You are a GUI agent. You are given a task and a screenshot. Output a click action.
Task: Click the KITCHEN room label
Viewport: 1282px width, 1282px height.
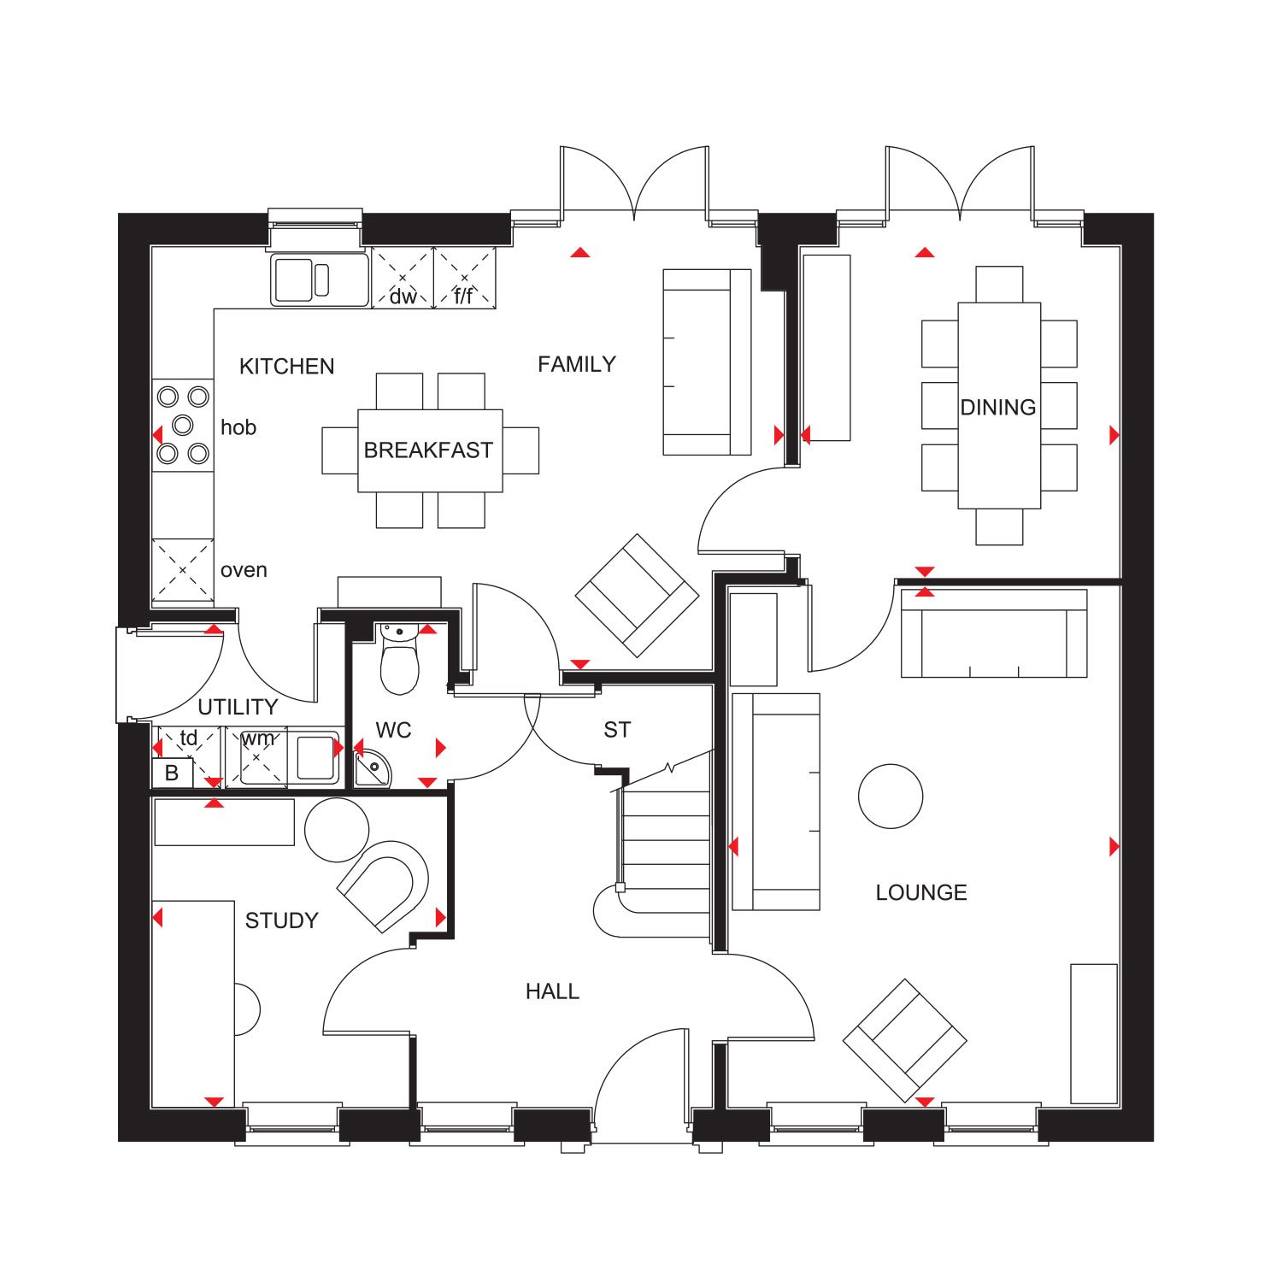point(286,367)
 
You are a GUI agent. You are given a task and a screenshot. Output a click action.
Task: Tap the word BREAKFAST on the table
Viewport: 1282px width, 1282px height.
point(428,450)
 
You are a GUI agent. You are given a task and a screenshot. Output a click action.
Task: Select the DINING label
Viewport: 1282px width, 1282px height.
point(998,408)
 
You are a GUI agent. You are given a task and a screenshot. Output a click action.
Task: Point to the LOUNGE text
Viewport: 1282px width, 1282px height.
point(921,893)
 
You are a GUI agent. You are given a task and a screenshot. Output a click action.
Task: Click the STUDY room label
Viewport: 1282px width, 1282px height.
point(281,920)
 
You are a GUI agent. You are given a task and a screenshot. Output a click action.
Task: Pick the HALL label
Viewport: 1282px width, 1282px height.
point(552,991)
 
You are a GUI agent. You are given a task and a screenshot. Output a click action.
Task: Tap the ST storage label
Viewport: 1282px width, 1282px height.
point(617,730)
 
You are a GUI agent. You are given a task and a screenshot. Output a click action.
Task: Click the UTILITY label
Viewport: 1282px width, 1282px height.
point(238,707)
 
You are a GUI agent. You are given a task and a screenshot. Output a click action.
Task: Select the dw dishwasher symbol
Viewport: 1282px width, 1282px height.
point(403,278)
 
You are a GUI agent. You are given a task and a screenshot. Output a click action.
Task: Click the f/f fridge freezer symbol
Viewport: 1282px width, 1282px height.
point(465,278)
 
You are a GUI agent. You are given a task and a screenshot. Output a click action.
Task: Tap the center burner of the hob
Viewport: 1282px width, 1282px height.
point(183,425)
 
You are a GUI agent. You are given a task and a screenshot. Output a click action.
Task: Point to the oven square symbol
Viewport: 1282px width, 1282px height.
point(183,569)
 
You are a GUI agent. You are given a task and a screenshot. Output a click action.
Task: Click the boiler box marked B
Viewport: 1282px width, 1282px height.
point(172,773)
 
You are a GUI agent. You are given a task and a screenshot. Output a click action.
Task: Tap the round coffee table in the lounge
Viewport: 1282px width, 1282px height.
point(891,797)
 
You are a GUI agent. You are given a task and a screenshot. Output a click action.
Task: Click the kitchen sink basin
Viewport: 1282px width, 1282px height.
point(293,279)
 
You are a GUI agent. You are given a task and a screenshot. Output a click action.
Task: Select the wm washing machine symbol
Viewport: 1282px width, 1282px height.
point(256,756)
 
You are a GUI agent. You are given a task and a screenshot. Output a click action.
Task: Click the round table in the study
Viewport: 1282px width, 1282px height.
point(337,830)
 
